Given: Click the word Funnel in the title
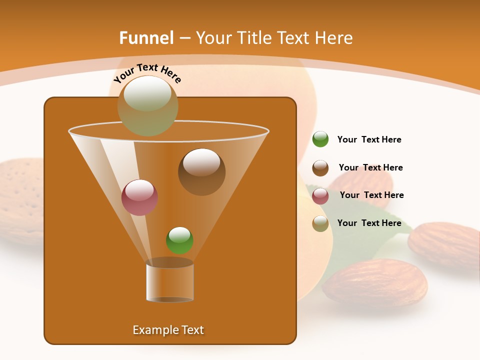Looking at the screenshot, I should (x=146, y=38).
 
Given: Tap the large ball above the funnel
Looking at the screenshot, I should (x=147, y=106).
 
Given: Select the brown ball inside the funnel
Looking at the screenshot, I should (x=201, y=171).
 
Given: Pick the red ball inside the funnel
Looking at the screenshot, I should (x=139, y=197).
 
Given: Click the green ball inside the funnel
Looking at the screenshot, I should (x=179, y=240).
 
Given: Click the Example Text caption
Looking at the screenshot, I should (x=168, y=330).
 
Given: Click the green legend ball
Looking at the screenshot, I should (x=320, y=139).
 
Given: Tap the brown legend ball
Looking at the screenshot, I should (x=320, y=168).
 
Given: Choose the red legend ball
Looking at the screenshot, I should (x=320, y=195).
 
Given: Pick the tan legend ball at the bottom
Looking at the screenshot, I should (x=320, y=223).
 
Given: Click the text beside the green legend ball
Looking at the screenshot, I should (x=369, y=139).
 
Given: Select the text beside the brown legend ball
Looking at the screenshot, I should (x=370, y=167).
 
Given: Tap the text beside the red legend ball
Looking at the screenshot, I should (x=371, y=195).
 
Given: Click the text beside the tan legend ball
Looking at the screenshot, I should (x=369, y=223).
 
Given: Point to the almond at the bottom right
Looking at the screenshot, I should (x=375, y=282).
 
